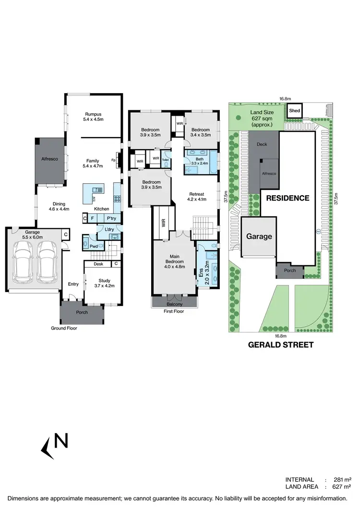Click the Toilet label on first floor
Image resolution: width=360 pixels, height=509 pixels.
(x=166, y=160)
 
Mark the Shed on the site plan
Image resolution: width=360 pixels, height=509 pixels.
(x=294, y=111)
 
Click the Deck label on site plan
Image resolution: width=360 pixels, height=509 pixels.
(x=262, y=144)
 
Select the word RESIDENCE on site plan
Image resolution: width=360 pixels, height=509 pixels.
(x=288, y=198)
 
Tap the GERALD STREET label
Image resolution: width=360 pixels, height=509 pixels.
(x=280, y=344)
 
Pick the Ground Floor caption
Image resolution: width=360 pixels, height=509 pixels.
(x=64, y=329)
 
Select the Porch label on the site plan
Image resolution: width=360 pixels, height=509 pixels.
(x=290, y=270)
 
